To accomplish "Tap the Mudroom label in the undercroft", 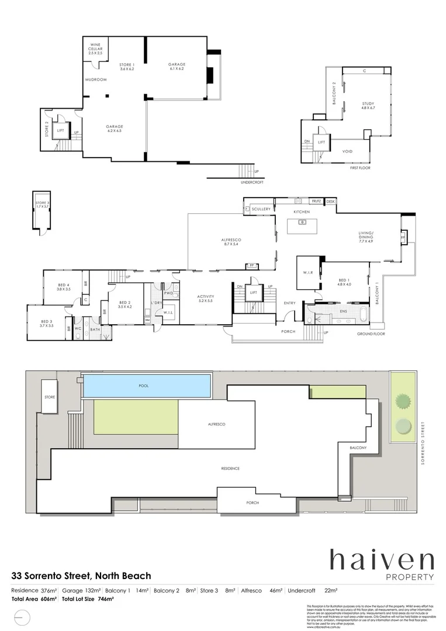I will point(95,79).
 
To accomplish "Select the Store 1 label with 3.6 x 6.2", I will point(127,67).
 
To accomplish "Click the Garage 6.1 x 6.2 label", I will point(177,67).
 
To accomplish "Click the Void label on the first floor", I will point(347,151).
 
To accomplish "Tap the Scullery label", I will point(261,209).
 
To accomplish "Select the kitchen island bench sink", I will point(302,222).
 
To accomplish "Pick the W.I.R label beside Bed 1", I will point(307,272).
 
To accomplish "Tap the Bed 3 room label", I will point(47,323).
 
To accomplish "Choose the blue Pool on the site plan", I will point(147,386).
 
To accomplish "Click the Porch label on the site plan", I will point(253,502).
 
